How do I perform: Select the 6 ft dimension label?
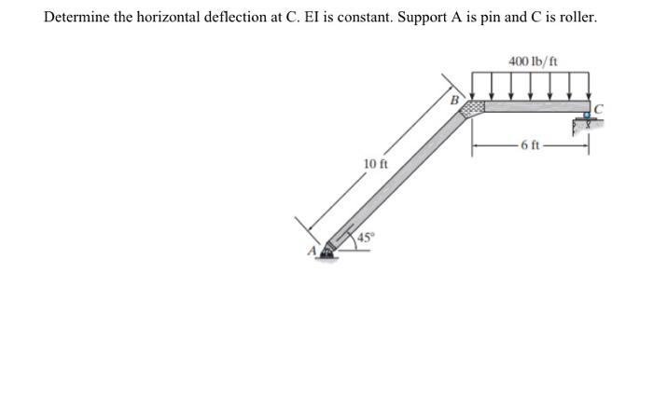pyautogui.click(x=530, y=144)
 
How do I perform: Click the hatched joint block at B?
pyautogui.click(x=475, y=108)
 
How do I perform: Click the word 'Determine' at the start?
pyautogui.click(x=76, y=17)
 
